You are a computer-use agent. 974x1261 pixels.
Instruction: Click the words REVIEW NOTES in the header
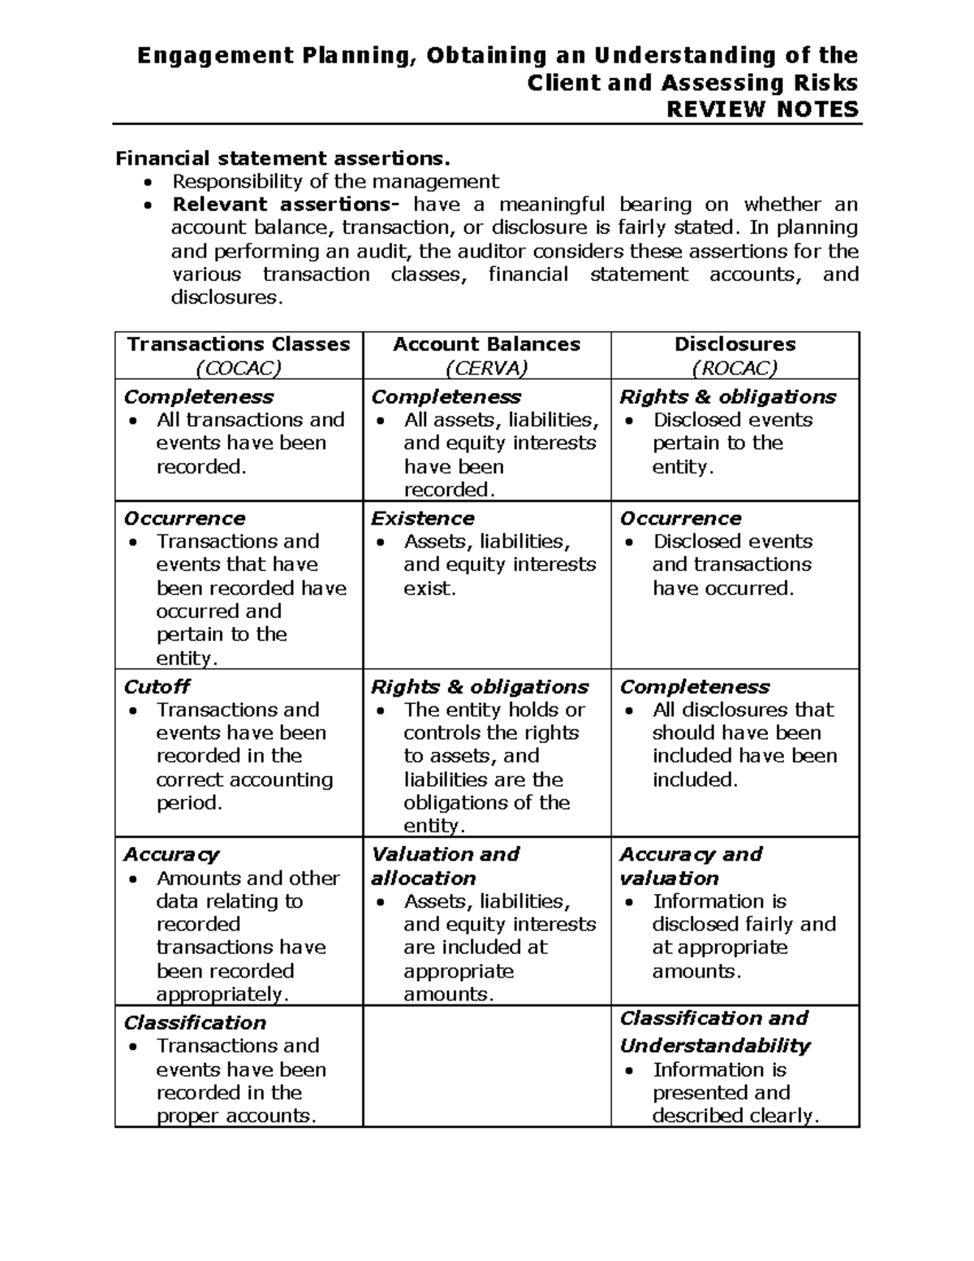pos(762,110)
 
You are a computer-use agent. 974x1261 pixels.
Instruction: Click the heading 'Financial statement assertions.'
pos(282,158)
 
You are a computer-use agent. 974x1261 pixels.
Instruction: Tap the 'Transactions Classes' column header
pos(239,344)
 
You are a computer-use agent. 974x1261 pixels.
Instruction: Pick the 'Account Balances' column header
pos(486,344)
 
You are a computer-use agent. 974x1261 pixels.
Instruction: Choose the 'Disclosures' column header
pos(735,344)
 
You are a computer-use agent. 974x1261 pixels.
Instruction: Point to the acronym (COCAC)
pos(239,368)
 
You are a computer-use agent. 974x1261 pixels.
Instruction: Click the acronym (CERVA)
pos(486,368)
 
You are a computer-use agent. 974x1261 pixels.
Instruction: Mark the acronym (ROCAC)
pos(735,368)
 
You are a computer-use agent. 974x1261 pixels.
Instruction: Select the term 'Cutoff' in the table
pos(157,687)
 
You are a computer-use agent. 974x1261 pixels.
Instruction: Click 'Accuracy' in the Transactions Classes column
pos(171,854)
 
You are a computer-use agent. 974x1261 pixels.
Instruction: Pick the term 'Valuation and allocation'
pos(445,866)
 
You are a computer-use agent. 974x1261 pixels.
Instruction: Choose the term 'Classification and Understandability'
pos(715,1032)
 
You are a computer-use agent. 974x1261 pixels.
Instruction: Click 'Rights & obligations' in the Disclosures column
pos(727,397)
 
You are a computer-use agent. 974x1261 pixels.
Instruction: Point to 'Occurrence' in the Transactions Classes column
pos(184,518)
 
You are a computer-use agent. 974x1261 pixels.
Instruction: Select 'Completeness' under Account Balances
pos(446,397)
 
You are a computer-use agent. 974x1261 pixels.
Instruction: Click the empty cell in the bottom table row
pos(486,1066)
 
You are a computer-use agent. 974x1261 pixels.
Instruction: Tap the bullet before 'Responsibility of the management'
pos(147,181)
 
